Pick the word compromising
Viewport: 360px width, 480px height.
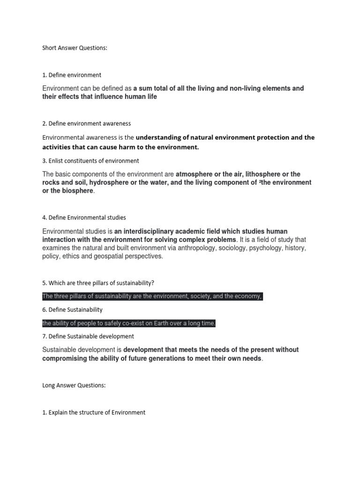[63, 359]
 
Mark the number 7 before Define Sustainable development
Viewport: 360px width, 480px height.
[44, 337]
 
